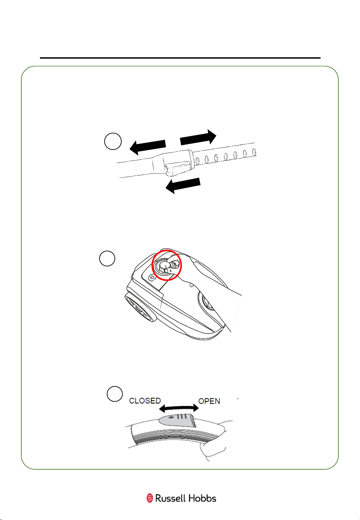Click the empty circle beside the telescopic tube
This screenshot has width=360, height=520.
click(x=113, y=141)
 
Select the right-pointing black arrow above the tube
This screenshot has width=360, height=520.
click(x=198, y=137)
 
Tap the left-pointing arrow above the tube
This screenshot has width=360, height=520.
click(x=148, y=147)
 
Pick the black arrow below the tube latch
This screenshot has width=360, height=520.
click(x=183, y=186)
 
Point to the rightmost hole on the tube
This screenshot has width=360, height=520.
click(x=254, y=152)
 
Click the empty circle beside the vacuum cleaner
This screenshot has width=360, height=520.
click(x=107, y=259)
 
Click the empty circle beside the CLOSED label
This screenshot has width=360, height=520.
click(x=115, y=394)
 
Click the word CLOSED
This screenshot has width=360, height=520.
click(x=145, y=401)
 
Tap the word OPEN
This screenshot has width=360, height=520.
click(x=209, y=401)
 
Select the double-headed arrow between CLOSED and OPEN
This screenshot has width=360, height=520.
click(x=179, y=408)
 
